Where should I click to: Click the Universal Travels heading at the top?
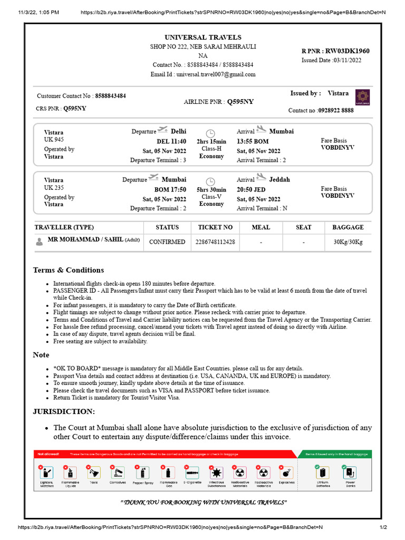[x=203, y=37]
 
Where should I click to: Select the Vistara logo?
[x=363, y=98]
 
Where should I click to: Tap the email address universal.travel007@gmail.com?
[x=203, y=74]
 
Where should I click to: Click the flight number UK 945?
[x=54, y=140]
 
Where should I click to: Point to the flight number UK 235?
[x=54, y=188]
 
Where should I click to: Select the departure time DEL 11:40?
[x=171, y=141]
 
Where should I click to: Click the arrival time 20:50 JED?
[x=252, y=189]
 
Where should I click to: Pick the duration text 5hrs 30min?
[x=211, y=190]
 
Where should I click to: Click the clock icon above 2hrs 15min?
[x=210, y=133]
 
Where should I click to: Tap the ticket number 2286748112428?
[x=215, y=242]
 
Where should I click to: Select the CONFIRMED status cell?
[x=167, y=242]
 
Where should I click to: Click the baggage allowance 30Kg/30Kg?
[x=348, y=242]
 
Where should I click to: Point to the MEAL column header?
[x=261, y=227]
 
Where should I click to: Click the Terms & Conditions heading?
[x=69, y=270]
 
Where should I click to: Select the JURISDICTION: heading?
[x=64, y=411]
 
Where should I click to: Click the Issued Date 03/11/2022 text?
[x=331, y=60]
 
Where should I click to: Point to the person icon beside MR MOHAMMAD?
[x=40, y=242]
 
